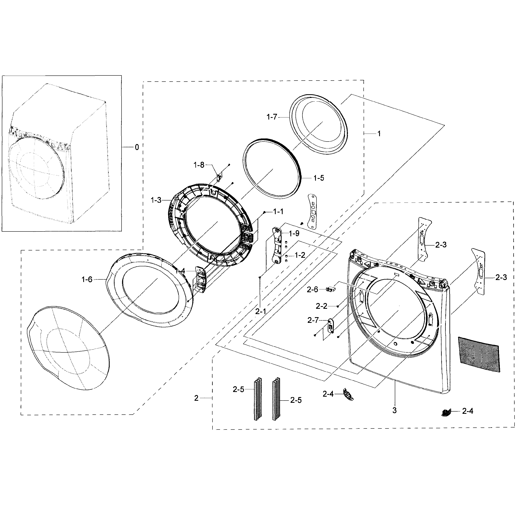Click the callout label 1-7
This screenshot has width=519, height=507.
272,117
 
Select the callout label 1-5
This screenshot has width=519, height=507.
319,178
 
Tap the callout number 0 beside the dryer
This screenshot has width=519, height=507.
137,147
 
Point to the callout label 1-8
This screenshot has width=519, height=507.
199,165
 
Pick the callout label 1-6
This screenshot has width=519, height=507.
87,279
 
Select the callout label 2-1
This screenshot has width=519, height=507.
260,311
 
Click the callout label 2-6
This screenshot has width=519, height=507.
312,289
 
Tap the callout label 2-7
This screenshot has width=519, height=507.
313,320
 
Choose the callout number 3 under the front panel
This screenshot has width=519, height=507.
394,410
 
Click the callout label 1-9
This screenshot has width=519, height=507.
294,234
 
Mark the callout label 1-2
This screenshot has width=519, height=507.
300,255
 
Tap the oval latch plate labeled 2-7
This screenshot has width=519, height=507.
330,326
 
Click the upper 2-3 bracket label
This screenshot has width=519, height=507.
441,245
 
